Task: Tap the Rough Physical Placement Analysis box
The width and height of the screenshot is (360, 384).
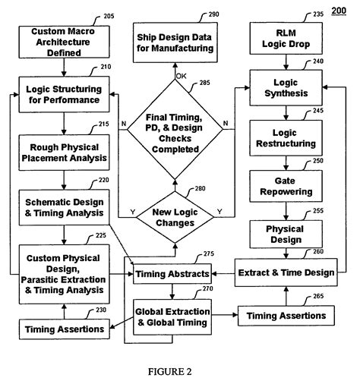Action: (x=64, y=153)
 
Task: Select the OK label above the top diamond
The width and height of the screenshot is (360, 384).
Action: (x=181, y=76)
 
